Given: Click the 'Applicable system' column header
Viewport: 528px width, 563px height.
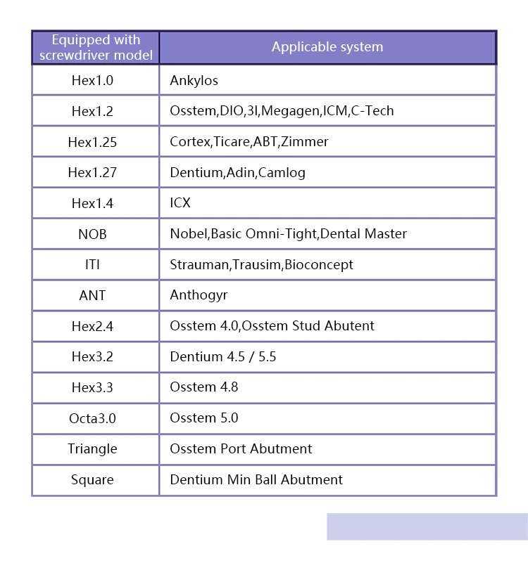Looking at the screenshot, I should point(327,47).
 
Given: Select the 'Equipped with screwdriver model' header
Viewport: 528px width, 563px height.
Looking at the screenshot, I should point(96,47).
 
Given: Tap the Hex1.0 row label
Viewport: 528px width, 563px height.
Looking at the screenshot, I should point(92,80).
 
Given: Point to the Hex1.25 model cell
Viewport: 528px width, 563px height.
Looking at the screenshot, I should point(92,142).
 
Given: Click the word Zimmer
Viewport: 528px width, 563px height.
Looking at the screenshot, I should point(305,141).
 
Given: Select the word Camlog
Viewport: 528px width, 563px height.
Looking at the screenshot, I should point(282,172).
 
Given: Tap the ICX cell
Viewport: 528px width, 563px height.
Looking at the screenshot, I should point(180,202).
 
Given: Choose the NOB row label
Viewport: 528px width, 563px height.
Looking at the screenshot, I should point(92,234).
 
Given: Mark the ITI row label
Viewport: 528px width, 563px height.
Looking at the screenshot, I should point(92,265).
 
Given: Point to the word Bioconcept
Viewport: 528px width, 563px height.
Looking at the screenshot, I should point(319,264).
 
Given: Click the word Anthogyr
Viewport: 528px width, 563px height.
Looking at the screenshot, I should point(199,295).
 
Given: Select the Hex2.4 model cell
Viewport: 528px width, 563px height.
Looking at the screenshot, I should point(92,326).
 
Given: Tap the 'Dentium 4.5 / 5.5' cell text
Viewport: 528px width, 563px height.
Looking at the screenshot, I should point(222,356).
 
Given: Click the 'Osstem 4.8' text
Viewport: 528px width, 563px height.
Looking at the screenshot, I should point(203,387).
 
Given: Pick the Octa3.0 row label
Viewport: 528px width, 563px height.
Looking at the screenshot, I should point(92,418).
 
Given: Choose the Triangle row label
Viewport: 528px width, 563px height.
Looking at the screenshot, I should point(92,448).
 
